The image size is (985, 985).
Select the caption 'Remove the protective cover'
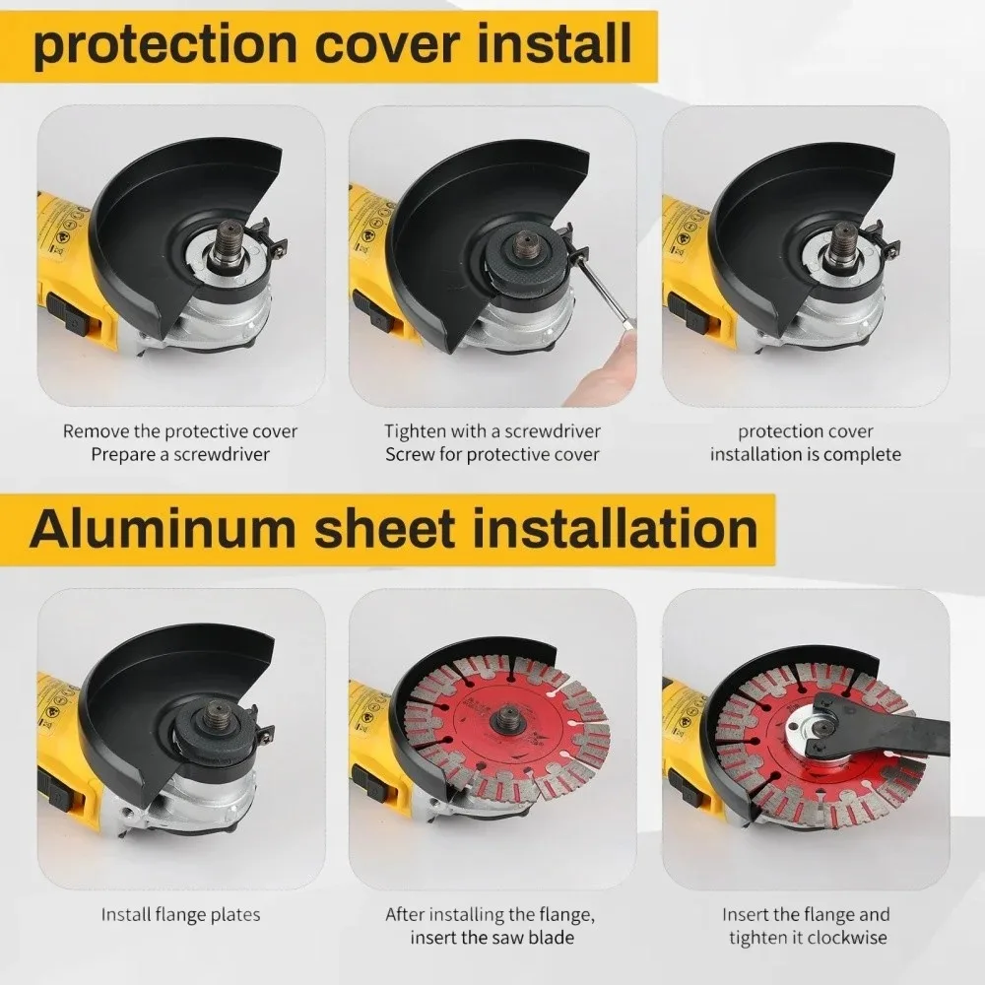click(x=180, y=431)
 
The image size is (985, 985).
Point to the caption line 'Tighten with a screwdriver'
click(x=492, y=431)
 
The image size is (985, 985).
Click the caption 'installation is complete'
click(x=806, y=455)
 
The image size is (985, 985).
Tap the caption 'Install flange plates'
click(x=180, y=915)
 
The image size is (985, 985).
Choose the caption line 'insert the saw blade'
click(x=492, y=938)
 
